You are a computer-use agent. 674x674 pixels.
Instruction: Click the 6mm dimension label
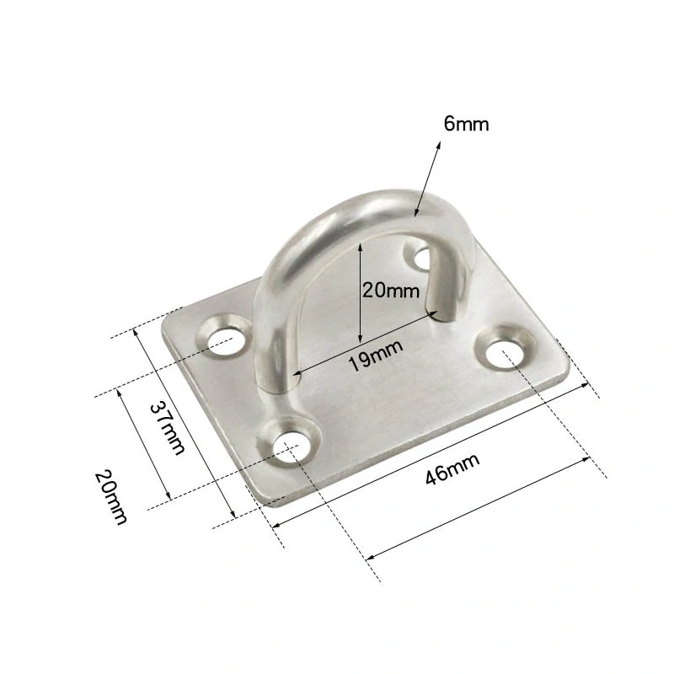pyautogui.click(x=467, y=124)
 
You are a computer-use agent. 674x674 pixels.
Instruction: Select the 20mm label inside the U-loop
pyautogui.click(x=390, y=291)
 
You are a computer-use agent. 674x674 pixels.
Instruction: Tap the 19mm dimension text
pyautogui.click(x=375, y=355)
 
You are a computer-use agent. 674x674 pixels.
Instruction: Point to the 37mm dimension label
pyautogui.click(x=167, y=427)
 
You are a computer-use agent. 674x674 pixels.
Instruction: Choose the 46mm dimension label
pyautogui.click(x=452, y=469)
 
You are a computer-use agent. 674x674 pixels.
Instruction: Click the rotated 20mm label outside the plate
pyautogui.click(x=111, y=497)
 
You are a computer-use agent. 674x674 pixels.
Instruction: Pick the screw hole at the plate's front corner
pyautogui.click(x=292, y=447)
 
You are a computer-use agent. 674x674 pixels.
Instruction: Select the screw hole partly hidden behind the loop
pyautogui.click(x=422, y=258)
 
